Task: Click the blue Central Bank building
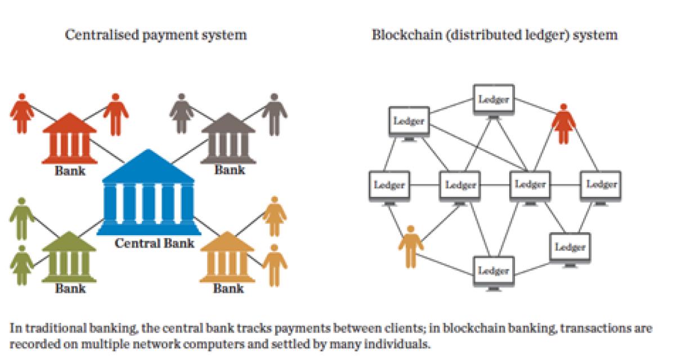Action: [x=147, y=194]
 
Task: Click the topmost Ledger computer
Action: [x=493, y=101]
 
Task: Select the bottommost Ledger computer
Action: [x=493, y=272]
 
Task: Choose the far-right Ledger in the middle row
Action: [x=601, y=186]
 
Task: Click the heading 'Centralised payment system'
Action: [x=156, y=35]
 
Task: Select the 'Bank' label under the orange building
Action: [x=229, y=289]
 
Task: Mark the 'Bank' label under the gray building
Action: [x=230, y=169]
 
